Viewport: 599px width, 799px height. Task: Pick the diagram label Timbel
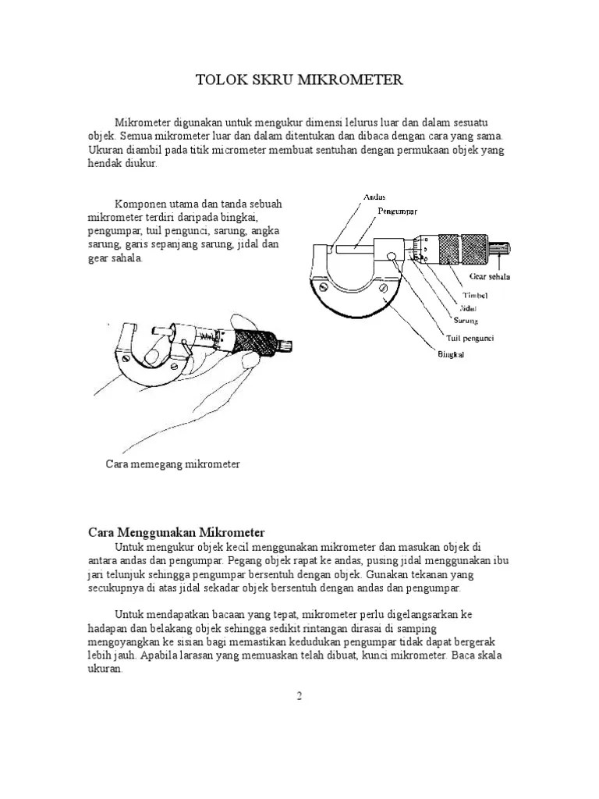[x=475, y=297]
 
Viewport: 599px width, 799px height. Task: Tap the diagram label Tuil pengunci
[x=470, y=338]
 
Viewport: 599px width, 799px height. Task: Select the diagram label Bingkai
[x=450, y=357]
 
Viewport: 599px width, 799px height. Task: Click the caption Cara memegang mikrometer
[x=172, y=464]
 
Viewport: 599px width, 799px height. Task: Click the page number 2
[x=299, y=696]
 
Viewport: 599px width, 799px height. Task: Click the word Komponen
[x=139, y=204]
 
